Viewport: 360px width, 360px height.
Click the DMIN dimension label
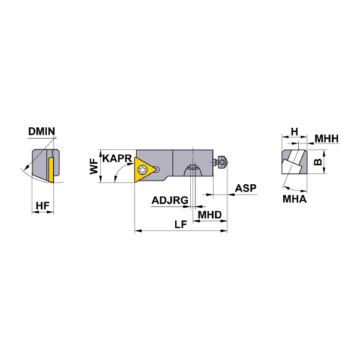pos(41,131)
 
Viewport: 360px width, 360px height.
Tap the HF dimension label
pos(43,206)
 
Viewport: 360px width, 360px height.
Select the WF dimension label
pos(94,167)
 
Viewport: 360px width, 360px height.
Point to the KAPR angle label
pos(117,158)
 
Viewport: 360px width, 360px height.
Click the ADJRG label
pos(170,200)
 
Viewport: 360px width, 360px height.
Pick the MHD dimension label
pos(209,215)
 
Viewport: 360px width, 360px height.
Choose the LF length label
pos(181,224)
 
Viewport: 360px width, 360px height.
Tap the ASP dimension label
pos(245,188)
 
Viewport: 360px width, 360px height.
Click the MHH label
pos(326,139)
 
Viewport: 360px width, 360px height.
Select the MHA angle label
pos(295,199)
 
